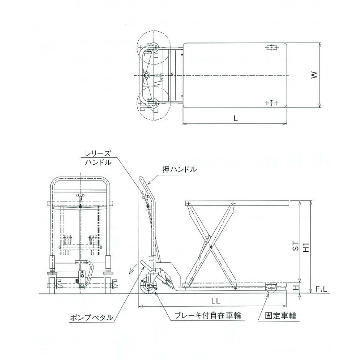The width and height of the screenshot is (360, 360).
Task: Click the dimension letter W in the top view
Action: pos(314,75)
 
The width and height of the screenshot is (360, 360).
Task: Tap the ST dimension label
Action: pos(296,247)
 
